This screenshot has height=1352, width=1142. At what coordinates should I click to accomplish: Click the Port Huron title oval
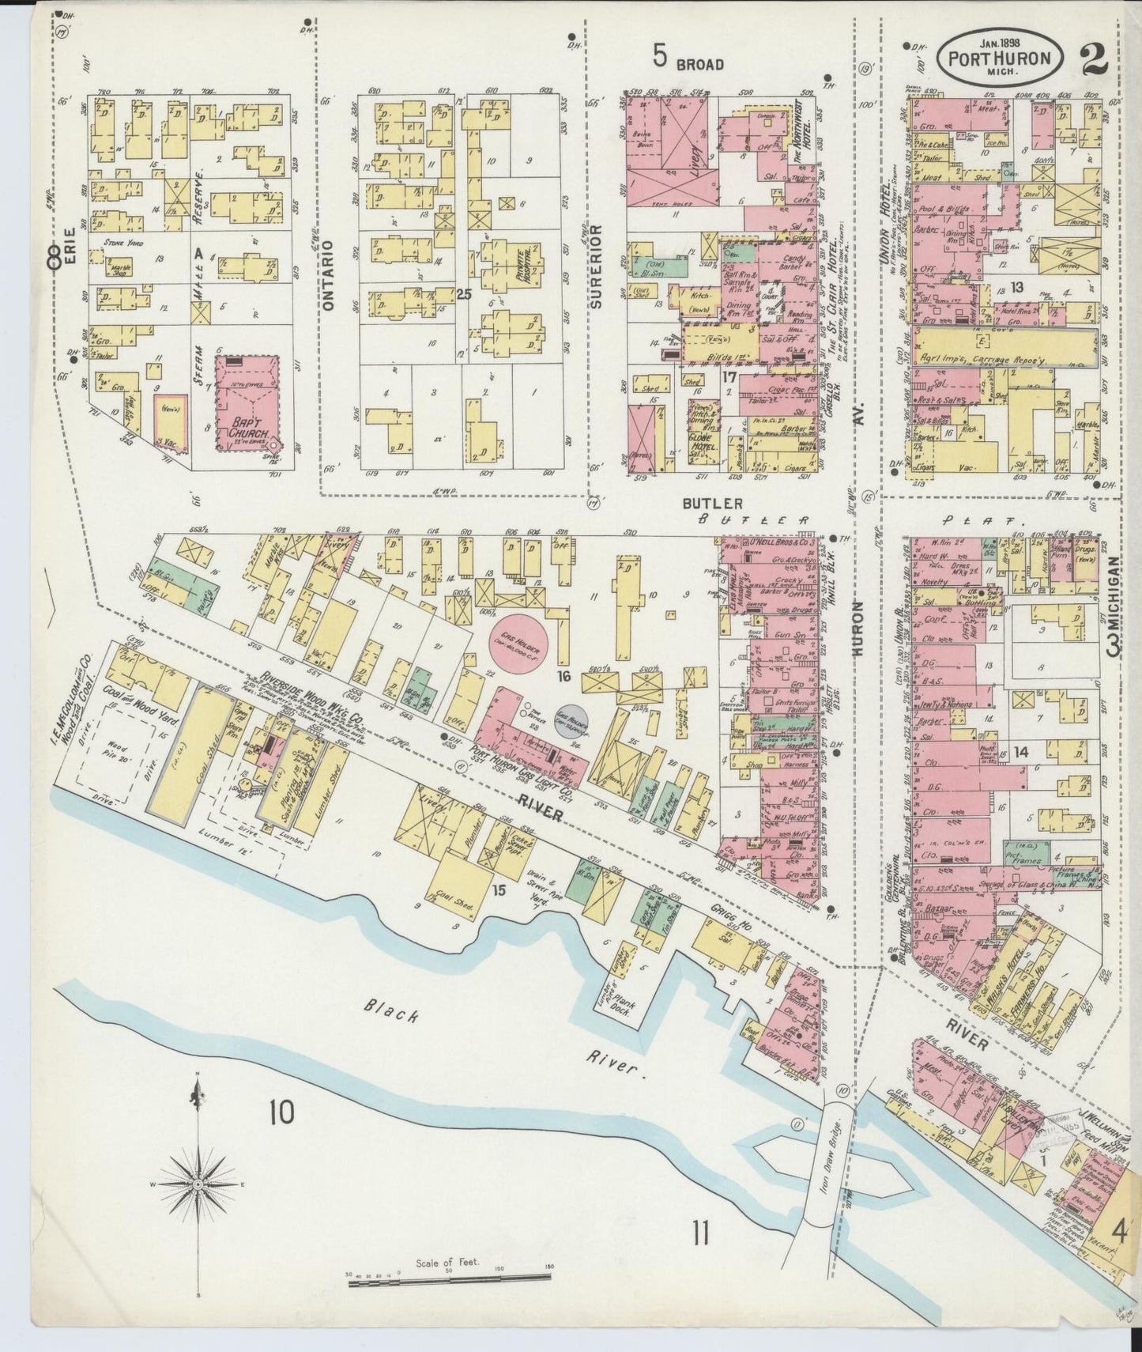pos(999,59)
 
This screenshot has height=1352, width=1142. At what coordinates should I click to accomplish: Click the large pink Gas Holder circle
pos(523,636)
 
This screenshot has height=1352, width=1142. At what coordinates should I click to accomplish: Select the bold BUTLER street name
pos(712,503)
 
